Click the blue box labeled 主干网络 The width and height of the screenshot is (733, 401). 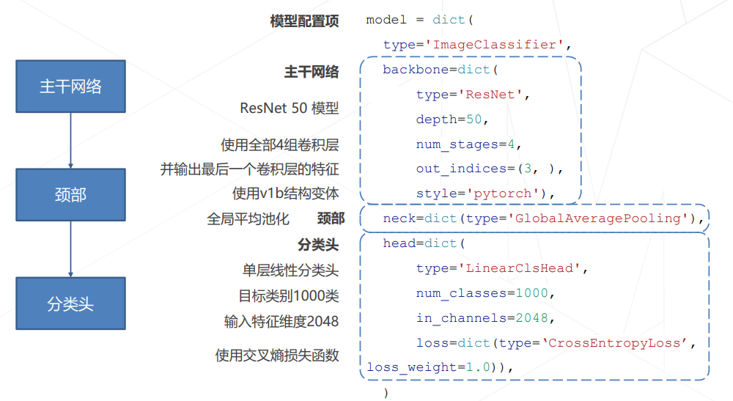(70, 87)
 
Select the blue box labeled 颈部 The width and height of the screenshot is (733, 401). (70, 195)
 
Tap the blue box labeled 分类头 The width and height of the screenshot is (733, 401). (70, 303)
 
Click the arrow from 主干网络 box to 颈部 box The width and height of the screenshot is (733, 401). (70, 140)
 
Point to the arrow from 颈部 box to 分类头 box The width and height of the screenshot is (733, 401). (70, 249)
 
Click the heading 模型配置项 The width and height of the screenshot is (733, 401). (304, 21)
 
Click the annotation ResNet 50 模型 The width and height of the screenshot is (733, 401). (289, 108)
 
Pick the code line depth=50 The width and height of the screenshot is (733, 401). (452, 119)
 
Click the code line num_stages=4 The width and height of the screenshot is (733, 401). (468, 144)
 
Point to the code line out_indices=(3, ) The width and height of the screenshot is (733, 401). (489, 169)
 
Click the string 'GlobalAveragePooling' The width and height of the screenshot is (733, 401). (598, 218)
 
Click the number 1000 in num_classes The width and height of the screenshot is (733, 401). (531, 293)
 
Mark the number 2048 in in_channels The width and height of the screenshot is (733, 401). (531, 318)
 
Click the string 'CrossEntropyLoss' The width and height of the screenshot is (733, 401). (615, 343)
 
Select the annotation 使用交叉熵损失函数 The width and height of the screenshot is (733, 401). (277, 356)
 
